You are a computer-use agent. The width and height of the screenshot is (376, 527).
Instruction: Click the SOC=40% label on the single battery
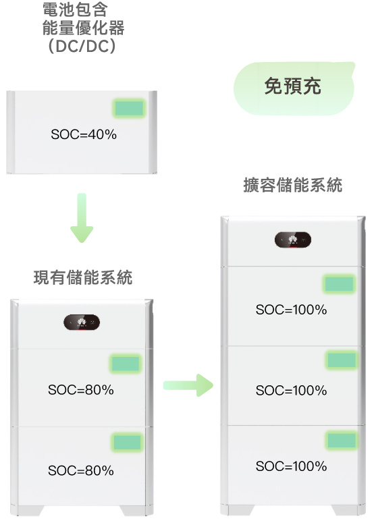[x=84, y=134]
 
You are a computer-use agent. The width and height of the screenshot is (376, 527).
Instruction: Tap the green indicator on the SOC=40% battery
[x=129, y=108]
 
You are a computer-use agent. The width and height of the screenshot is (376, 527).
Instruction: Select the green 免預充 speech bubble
[x=294, y=88]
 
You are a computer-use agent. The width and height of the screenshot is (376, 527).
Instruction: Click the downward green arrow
[x=82, y=217]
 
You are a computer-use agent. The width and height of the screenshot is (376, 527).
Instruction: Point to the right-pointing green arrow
[x=188, y=385]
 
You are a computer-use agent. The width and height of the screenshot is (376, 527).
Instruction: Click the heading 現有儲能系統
[x=83, y=277]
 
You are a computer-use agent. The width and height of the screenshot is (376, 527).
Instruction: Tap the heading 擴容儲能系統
[x=293, y=185]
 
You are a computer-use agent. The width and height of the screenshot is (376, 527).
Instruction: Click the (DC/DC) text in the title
[x=82, y=46]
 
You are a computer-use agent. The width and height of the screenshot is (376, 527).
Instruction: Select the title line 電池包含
[x=75, y=9]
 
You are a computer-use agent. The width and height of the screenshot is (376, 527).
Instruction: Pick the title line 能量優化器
[x=83, y=28]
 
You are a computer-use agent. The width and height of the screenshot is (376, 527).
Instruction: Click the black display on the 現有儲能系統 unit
[x=82, y=323]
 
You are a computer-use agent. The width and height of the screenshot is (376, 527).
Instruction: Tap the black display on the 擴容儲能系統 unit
[x=293, y=240]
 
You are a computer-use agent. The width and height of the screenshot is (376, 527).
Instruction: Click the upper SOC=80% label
[x=81, y=390]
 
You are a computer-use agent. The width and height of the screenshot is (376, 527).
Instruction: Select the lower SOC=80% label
[x=81, y=470]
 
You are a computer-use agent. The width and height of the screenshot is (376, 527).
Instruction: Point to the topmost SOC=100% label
[x=291, y=310]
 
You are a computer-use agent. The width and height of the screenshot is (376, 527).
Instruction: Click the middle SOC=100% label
[x=291, y=391]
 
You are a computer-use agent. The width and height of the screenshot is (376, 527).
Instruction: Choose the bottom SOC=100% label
[x=291, y=466]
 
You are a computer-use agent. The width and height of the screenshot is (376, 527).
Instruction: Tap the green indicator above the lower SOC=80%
[x=127, y=442]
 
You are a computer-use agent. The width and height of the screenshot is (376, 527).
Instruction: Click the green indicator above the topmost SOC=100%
[x=340, y=284]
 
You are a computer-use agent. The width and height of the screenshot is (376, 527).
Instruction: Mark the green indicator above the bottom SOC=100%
[x=342, y=440]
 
